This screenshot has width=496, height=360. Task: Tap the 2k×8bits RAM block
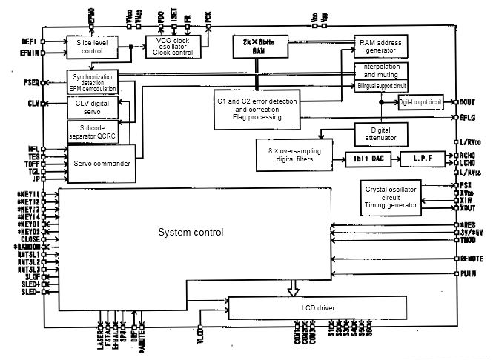pos(259,47)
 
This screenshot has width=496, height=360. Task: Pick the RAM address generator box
pos(381,46)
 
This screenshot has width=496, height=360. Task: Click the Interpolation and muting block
pos(382,71)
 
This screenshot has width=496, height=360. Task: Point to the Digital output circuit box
pos(420,101)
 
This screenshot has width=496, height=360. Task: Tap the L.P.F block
pos(420,159)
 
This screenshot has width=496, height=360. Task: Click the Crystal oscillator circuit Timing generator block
pos(390,198)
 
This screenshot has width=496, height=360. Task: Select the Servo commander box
pos(99,162)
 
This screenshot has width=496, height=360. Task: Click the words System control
pos(191,233)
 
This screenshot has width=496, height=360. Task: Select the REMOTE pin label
pos(472,259)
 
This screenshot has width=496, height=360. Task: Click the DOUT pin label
pos(467,101)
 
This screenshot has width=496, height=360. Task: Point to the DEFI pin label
pos(29,41)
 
